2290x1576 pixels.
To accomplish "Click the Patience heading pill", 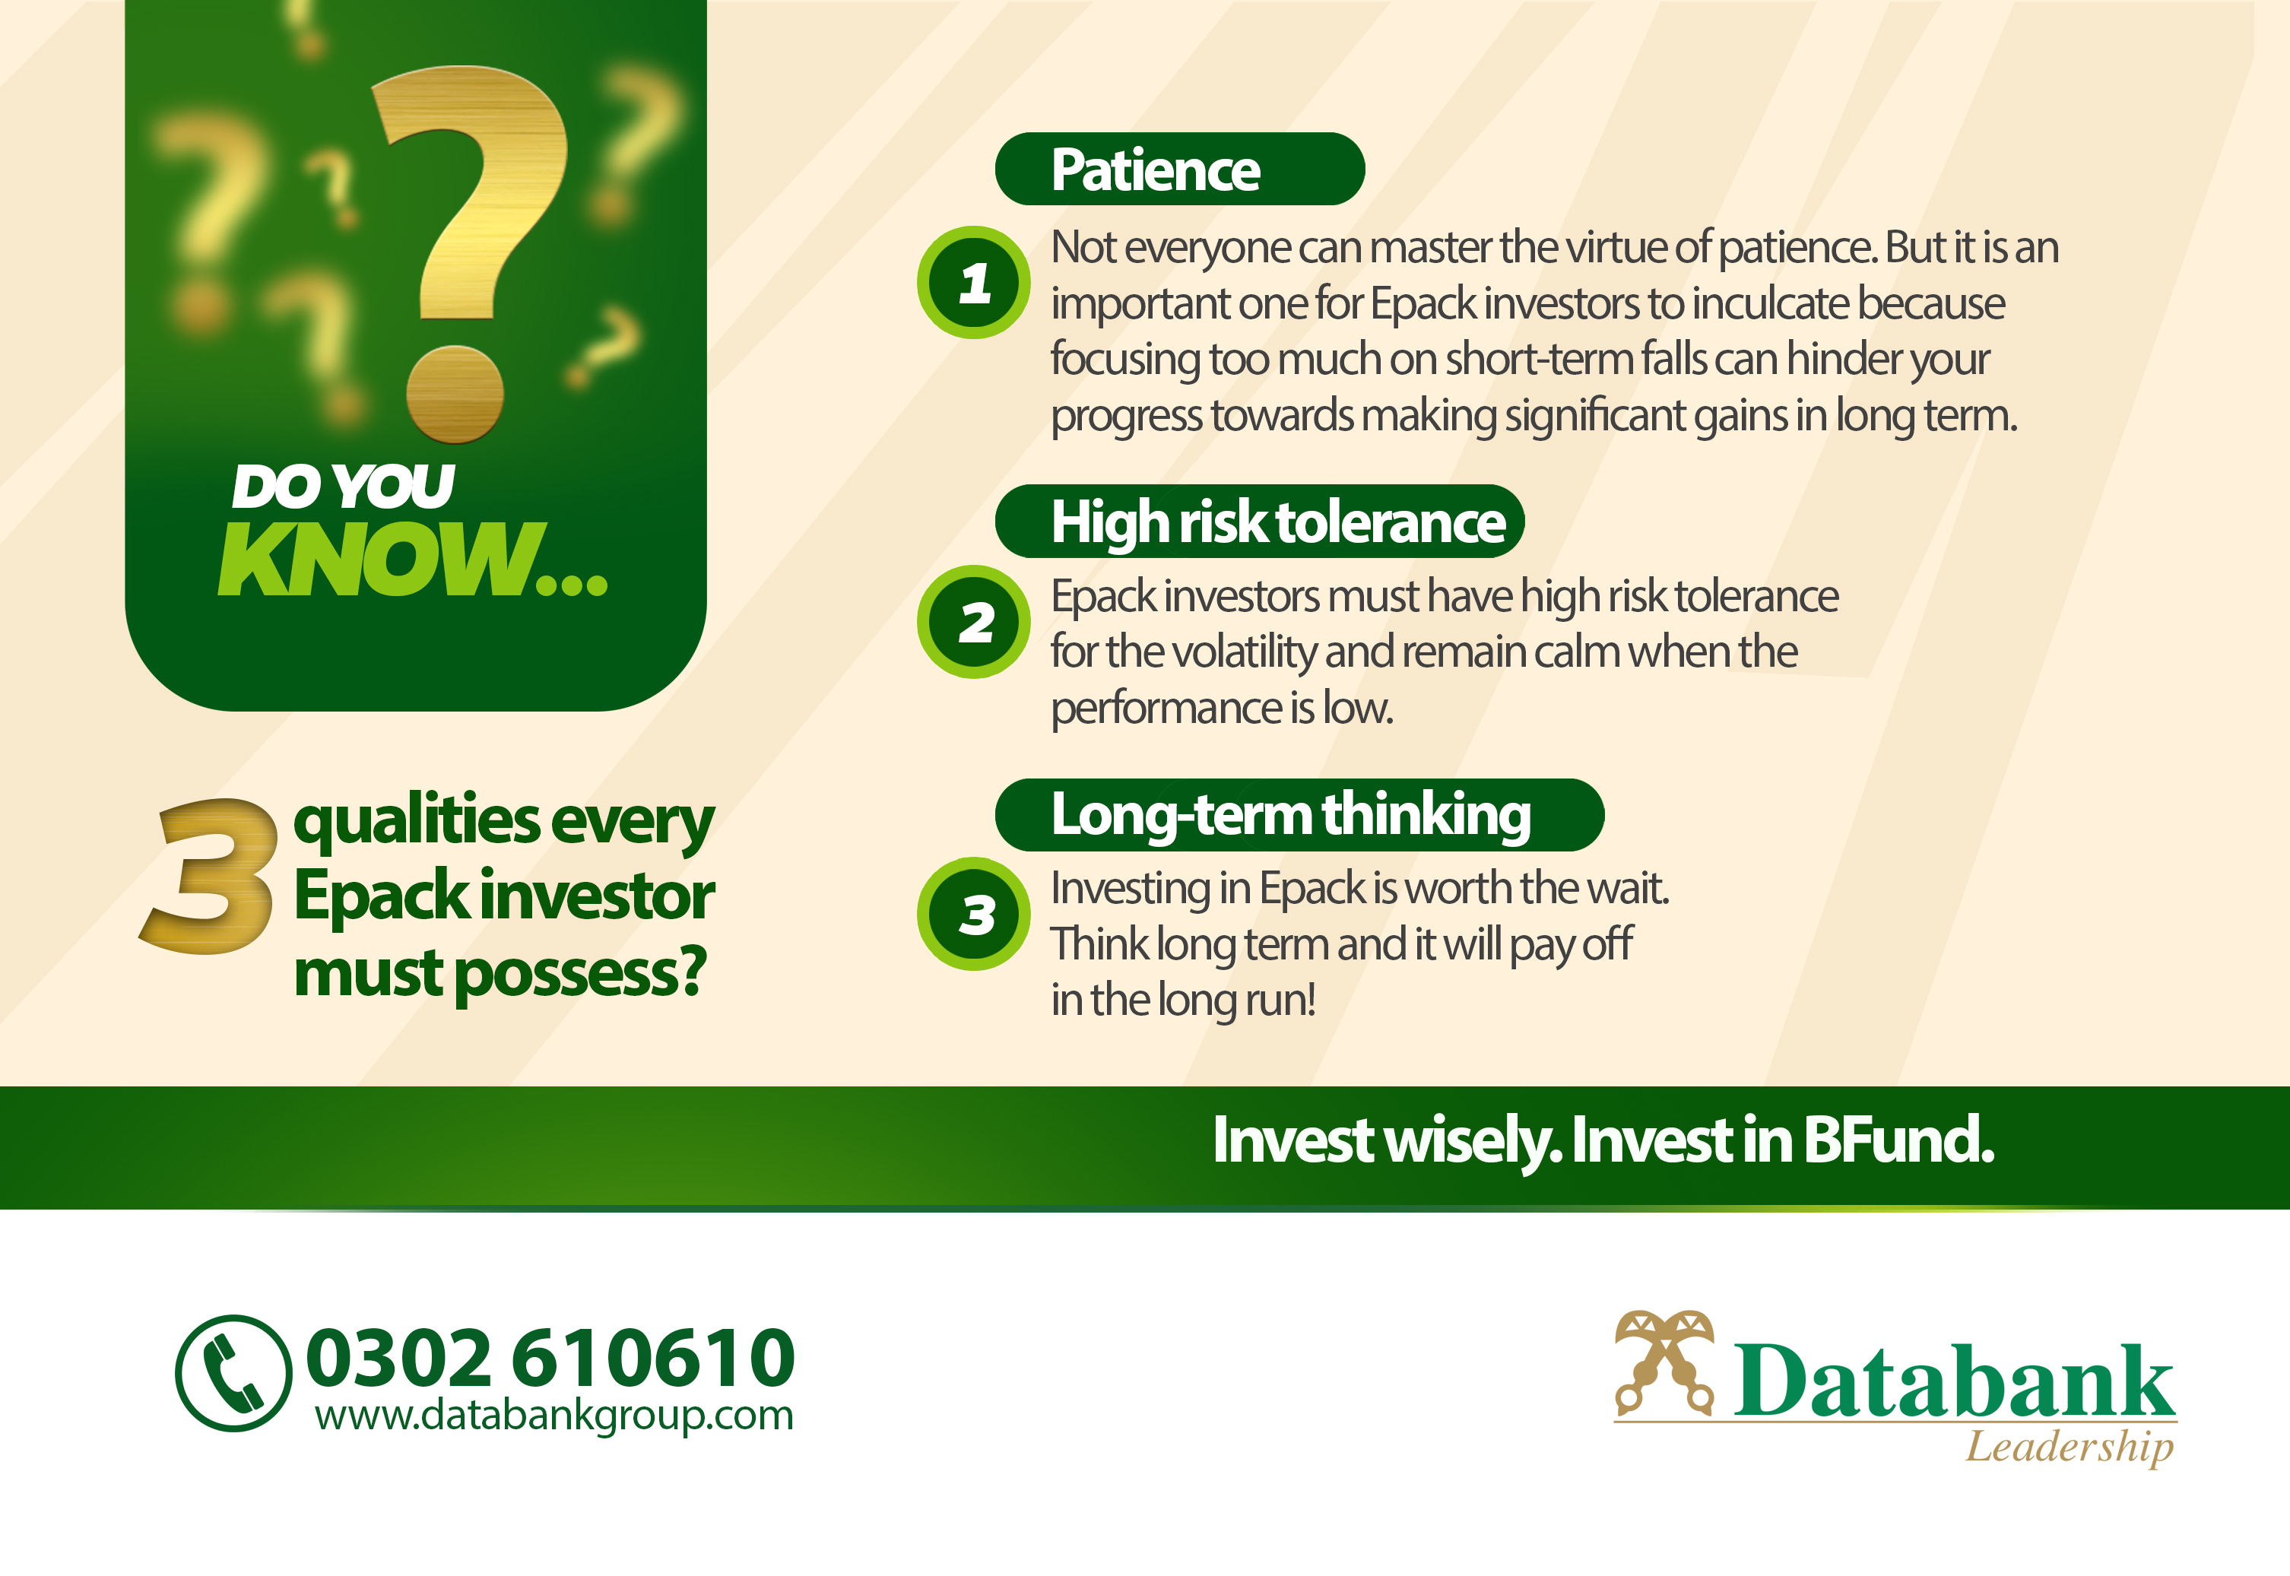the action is point(1179,169).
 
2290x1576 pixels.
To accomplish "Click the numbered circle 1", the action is point(974,282).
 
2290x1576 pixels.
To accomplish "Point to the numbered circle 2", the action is point(974,622).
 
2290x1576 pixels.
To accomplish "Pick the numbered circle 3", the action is point(974,913).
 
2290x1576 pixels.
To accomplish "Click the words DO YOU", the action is point(343,486).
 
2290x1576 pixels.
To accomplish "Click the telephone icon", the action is point(234,1372).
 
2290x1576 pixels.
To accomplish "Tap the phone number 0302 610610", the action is point(550,1357).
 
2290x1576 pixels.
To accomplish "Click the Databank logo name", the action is point(1954,1380).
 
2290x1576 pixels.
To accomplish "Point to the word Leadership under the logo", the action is point(2070,1447).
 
